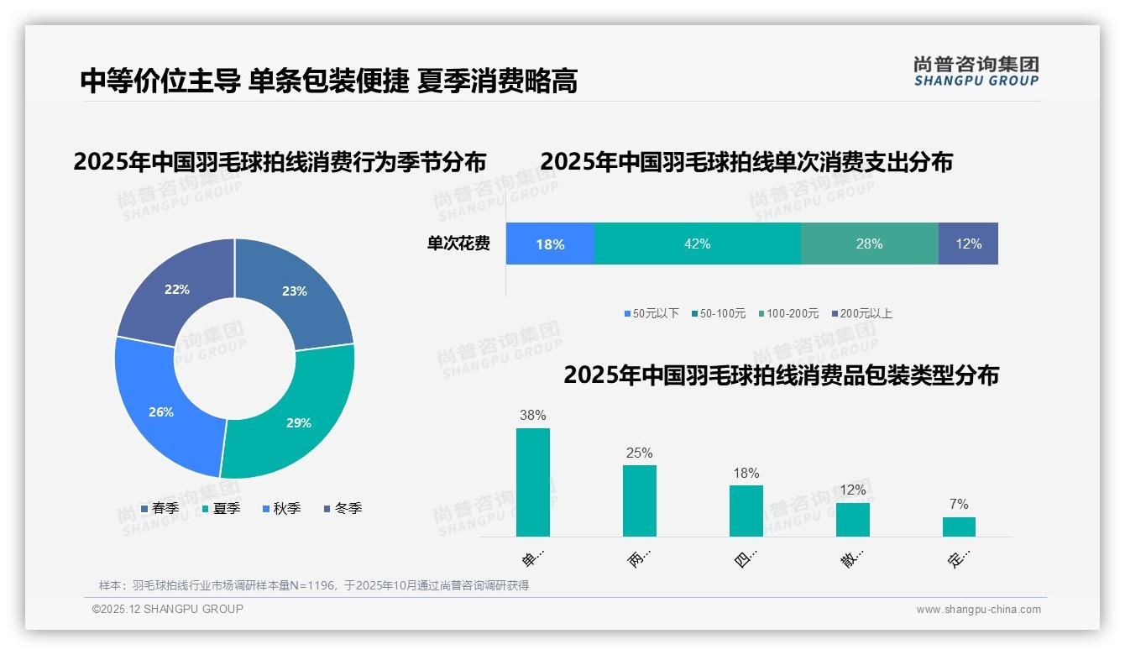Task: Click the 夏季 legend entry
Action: pos(222,509)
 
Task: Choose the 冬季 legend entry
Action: pos(343,509)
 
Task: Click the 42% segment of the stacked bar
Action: pos(697,244)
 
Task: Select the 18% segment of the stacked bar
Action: pos(550,244)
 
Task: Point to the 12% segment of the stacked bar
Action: pos(968,244)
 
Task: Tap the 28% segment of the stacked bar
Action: pos(869,244)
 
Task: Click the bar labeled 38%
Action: pos(532,482)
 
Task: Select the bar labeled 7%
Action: pos(959,527)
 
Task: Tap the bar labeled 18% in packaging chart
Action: pos(746,511)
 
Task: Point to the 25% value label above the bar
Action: pos(639,453)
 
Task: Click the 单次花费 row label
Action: pos(458,244)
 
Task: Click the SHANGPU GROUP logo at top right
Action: pos(976,71)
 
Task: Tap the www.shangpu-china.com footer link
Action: pos(978,610)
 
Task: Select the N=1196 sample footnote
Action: pos(314,585)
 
